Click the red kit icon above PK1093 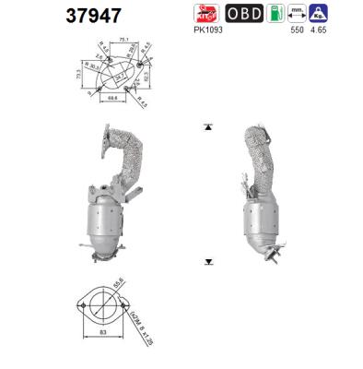(206, 14)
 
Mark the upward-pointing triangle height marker (208, 125)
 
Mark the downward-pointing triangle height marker (208, 261)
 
